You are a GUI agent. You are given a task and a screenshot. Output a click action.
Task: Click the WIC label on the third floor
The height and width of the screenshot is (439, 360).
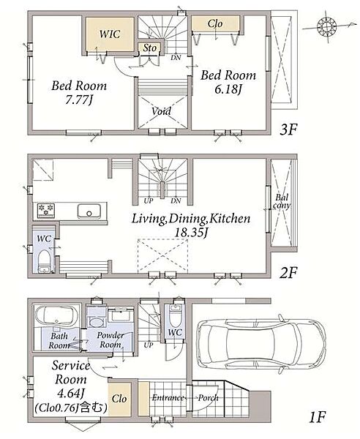coord(110,34)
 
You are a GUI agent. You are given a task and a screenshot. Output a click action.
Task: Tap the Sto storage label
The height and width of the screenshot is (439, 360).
coord(150,48)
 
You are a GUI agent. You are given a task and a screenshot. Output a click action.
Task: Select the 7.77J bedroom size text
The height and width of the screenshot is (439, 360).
coord(79,100)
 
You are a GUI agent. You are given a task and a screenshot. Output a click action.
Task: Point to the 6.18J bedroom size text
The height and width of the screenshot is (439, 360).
coord(228,89)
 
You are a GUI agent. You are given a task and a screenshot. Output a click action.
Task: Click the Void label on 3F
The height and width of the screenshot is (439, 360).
coord(161,111)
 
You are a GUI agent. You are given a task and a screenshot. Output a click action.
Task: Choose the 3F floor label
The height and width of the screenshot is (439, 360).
coord(288,130)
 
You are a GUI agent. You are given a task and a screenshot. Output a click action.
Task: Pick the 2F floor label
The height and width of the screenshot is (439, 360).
coord(288,273)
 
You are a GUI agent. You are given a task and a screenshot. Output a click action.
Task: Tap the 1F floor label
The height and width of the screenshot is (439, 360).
coord(317,418)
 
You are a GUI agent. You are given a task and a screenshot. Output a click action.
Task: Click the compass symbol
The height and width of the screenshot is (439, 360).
coord(326,26)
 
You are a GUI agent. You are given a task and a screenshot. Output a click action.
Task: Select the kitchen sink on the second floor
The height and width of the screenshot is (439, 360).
coord(89,211)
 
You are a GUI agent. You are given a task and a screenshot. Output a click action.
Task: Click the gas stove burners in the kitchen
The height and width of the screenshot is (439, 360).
coord(46,211)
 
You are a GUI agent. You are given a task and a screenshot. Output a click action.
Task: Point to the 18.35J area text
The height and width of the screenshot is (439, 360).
coord(191,233)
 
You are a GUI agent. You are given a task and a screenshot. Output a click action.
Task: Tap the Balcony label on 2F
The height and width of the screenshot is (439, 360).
coord(282,202)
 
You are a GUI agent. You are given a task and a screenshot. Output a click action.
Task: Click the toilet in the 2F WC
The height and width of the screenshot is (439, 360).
coord(44,261)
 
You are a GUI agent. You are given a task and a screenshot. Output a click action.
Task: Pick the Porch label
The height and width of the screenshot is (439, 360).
coord(208,398)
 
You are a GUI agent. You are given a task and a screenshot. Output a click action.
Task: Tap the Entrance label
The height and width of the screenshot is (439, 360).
coord(168,397)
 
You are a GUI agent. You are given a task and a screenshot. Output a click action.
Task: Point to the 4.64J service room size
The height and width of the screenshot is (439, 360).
coord(70,394)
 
